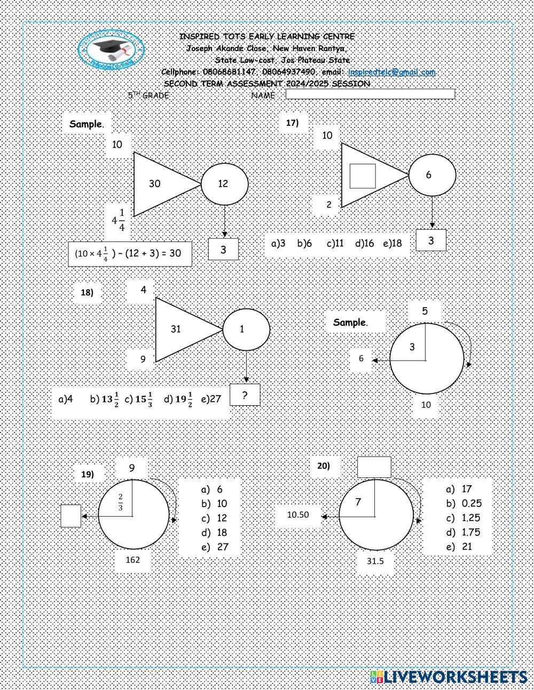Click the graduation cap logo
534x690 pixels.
[x=111, y=50]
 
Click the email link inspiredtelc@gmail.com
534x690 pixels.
[x=391, y=72]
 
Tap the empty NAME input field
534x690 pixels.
[x=370, y=94]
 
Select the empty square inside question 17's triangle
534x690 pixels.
[x=363, y=176]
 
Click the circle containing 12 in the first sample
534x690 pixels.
[x=224, y=184]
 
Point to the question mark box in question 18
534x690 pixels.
[x=245, y=395]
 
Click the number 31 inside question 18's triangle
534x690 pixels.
[x=176, y=329]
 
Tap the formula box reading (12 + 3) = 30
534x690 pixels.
[x=130, y=253]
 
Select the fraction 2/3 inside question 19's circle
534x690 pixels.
[x=121, y=502]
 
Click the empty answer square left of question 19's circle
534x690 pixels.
[x=70, y=516]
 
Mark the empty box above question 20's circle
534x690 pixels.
[x=374, y=467]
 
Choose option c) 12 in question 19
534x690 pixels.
[x=215, y=518]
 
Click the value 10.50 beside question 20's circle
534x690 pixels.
[x=298, y=515]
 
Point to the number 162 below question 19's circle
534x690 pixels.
[x=133, y=559]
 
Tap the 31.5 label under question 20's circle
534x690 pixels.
[x=375, y=561]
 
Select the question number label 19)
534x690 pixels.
[x=88, y=474]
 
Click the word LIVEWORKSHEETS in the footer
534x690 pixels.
[x=456, y=677]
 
